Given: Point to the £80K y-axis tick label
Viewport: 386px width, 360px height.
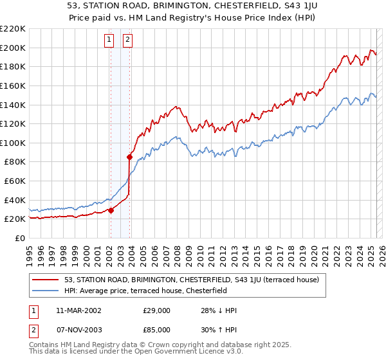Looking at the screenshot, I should coord(15,162).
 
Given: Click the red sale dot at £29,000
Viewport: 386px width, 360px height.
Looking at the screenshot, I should coord(111,210).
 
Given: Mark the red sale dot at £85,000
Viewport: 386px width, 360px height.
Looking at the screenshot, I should coord(129,157).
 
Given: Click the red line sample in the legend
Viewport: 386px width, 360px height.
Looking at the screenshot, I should coord(46,280).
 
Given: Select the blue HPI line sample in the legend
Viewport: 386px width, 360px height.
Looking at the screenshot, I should coord(46,291).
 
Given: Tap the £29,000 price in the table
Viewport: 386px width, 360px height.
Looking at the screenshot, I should coord(156,310).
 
